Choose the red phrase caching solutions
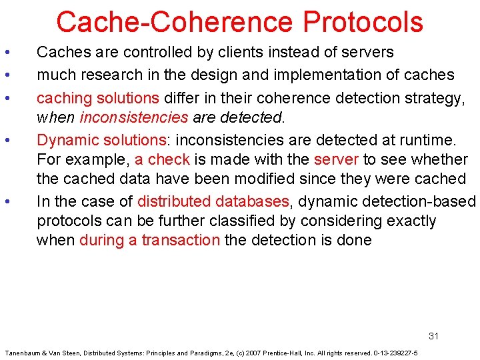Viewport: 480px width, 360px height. click(x=97, y=98)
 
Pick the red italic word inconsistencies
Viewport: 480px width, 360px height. click(x=133, y=118)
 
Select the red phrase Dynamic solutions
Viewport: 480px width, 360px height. click(x=101, y=140)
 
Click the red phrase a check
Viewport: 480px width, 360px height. click(x=162, y=159)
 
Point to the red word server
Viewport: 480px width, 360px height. click(x=336, y=159)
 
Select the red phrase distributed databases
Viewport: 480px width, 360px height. click(x=213, y=201)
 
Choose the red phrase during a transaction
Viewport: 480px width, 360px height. click(x=149, y=240)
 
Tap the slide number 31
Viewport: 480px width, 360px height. click(x=433, y=336)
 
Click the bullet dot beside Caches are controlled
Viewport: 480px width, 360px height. click(x=6, y=52)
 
